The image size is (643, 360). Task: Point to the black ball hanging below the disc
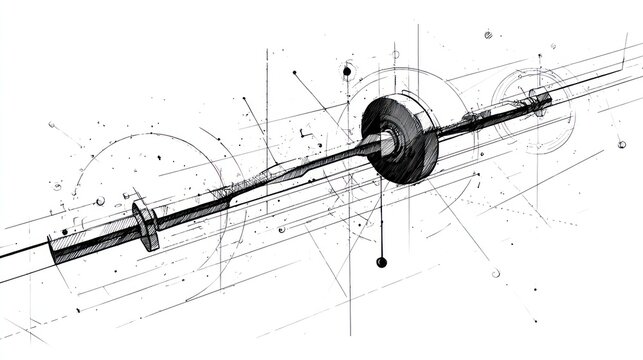coord(381,262)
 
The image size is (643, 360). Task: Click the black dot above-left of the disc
coord(347,72)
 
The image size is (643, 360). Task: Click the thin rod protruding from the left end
coord(25,256)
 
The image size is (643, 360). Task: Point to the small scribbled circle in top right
coord(488,35)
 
